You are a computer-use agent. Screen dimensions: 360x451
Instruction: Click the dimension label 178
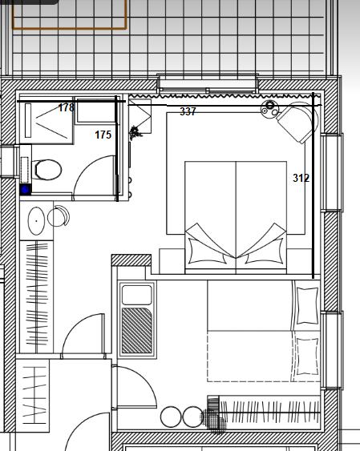pyautogui.click(x=67, y=107)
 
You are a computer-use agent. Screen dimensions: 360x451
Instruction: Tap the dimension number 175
pyautogui.click(x=103, y=135)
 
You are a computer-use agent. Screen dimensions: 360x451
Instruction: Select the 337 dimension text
pyautogui.click(x=188, y=111)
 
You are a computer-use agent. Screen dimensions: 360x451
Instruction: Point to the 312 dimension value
pyautogui.click(x=301, y=178)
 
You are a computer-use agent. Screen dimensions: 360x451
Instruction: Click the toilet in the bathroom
pyautogui.click(x=47, y=170)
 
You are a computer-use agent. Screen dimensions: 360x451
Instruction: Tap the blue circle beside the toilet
pyautogui.click(x=26, y=190)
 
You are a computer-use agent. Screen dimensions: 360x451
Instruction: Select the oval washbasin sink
pyautogui.click(x=36, y=221)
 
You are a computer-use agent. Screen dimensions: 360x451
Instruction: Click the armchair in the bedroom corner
pyautogui.click(x=297, y=122)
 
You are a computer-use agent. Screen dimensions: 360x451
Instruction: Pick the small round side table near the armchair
pyautogui.click(x=269, y=108)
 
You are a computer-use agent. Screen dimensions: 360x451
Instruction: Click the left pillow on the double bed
pyautogui.click(x=208, y=251)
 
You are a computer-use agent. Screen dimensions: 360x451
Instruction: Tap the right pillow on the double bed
pyautogui.click(x=265, y=251)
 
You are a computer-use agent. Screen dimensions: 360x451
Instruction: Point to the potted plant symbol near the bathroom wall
pyautogui.click(x=135, y=133)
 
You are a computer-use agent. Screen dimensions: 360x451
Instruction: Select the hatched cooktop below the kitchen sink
pyautogui.click(x=136, y=331)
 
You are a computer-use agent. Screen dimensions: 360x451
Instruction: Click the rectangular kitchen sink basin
pyautogui.click(x=136, y=295)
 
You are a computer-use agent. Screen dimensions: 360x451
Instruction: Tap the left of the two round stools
pyautogui.click(x=171, y=417)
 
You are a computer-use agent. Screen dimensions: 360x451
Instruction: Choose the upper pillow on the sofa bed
pyautogui.click(x=307, y=306)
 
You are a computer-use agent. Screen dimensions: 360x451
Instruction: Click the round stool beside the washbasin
pyautogui.click(x=59, y=216)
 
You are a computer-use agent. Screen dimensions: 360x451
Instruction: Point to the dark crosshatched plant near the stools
pyautogui.click(x=214, y=420)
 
